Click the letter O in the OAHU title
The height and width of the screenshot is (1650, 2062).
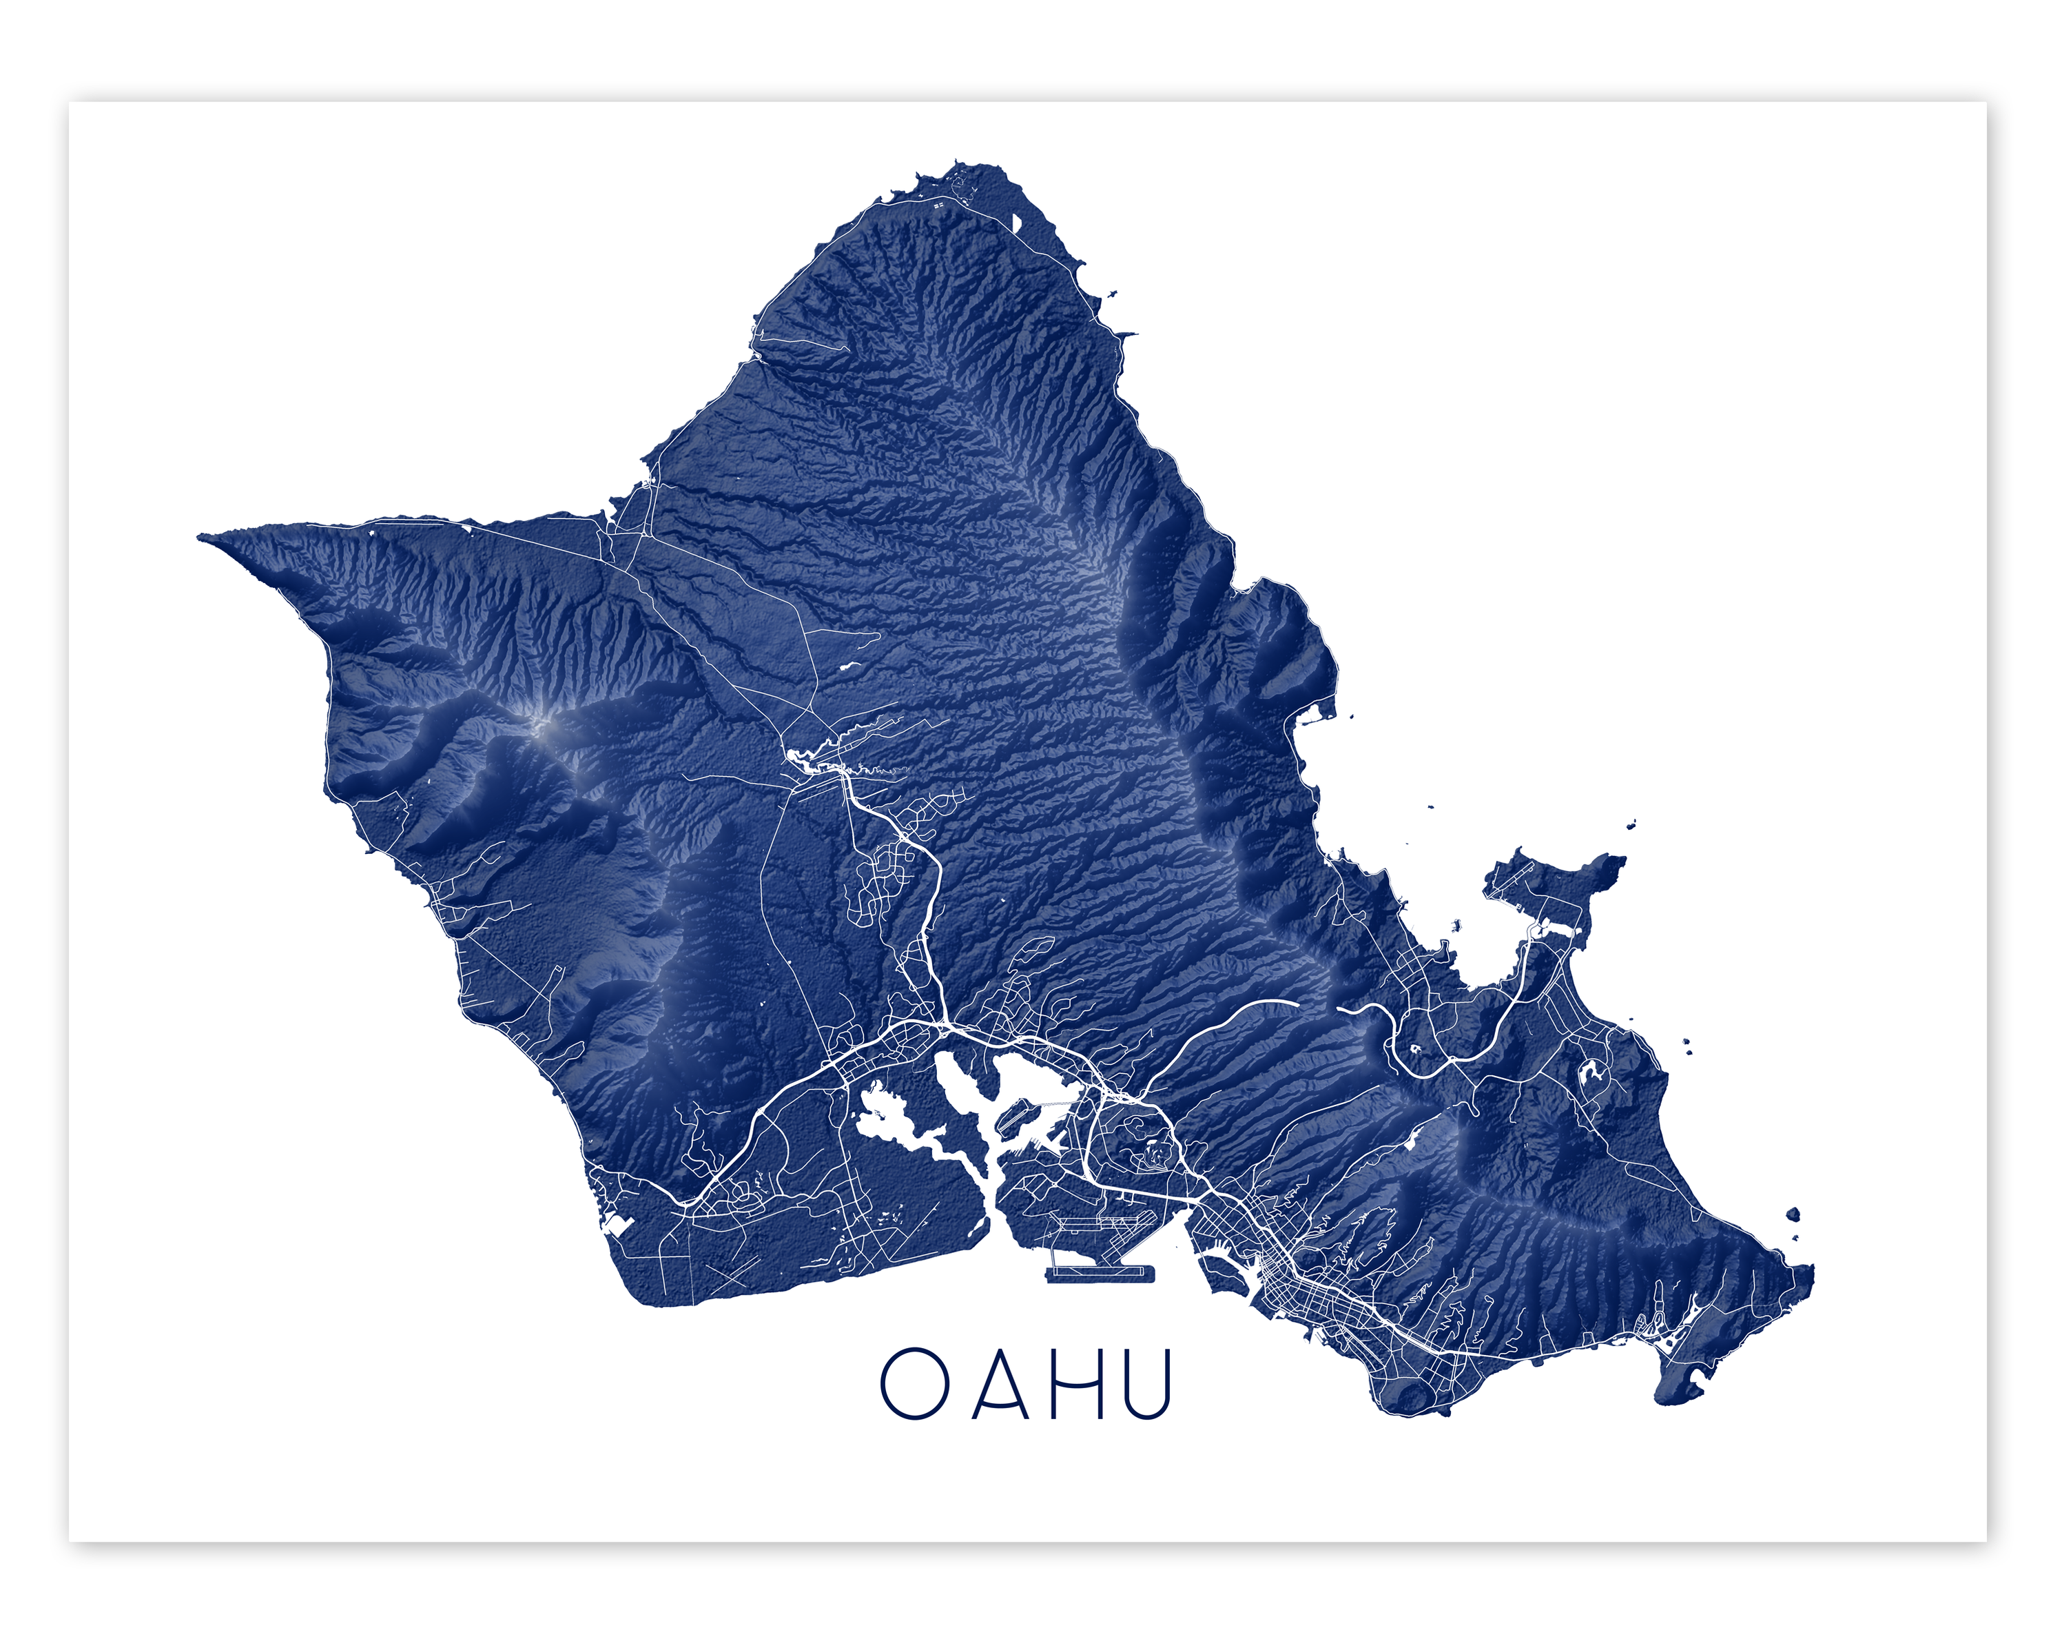pos(914,1384)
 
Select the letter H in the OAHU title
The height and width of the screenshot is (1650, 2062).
pos(1078,1384)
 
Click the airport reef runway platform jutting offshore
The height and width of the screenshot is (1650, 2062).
pos(1100,1274)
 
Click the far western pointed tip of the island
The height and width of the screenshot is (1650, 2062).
pos(201,538)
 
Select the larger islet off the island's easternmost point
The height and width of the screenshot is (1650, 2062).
pos(1793,1216)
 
